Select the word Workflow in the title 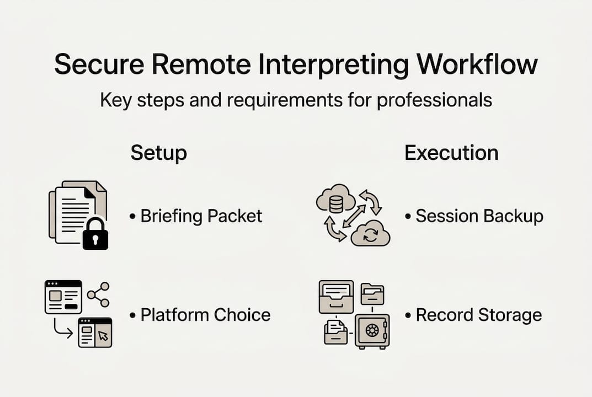[477, 65]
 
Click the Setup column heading [158, 153]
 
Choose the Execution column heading [451, 153]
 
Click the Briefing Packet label [201, 216]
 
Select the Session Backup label [479, 216]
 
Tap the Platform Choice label [205, 315]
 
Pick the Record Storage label [478, 315]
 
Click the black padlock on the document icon [95, 234]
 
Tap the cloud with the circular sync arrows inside [371, 234]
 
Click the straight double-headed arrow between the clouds [353, 216]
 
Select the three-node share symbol [99, 294]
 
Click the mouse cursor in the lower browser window [104, 336]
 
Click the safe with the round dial [372, 331]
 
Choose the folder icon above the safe [372, 293]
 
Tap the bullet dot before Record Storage [408, 315]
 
